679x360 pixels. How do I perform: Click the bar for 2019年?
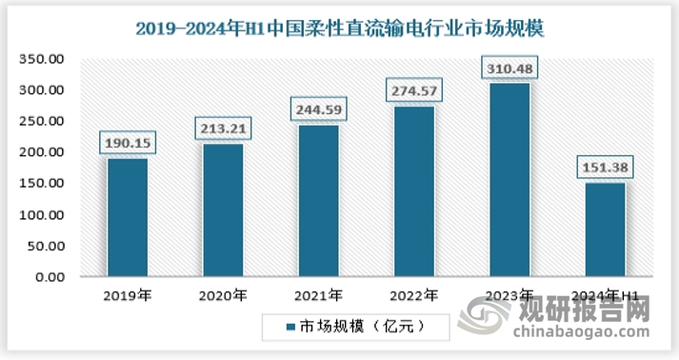tap(127, 217)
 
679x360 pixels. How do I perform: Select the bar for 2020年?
tap(223, 210)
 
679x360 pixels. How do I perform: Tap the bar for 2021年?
tap(318, 200)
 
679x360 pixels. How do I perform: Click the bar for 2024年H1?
tap(605, 230)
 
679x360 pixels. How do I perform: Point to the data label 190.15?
tap(127, 143)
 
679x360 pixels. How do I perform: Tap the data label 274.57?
tap(413, 91)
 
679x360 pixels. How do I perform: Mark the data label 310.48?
tap(509, 69)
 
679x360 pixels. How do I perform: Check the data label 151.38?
tap(605, 168)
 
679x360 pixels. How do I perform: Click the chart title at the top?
tap(339, 29)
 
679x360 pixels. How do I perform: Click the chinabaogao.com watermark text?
tap(581, 333)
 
